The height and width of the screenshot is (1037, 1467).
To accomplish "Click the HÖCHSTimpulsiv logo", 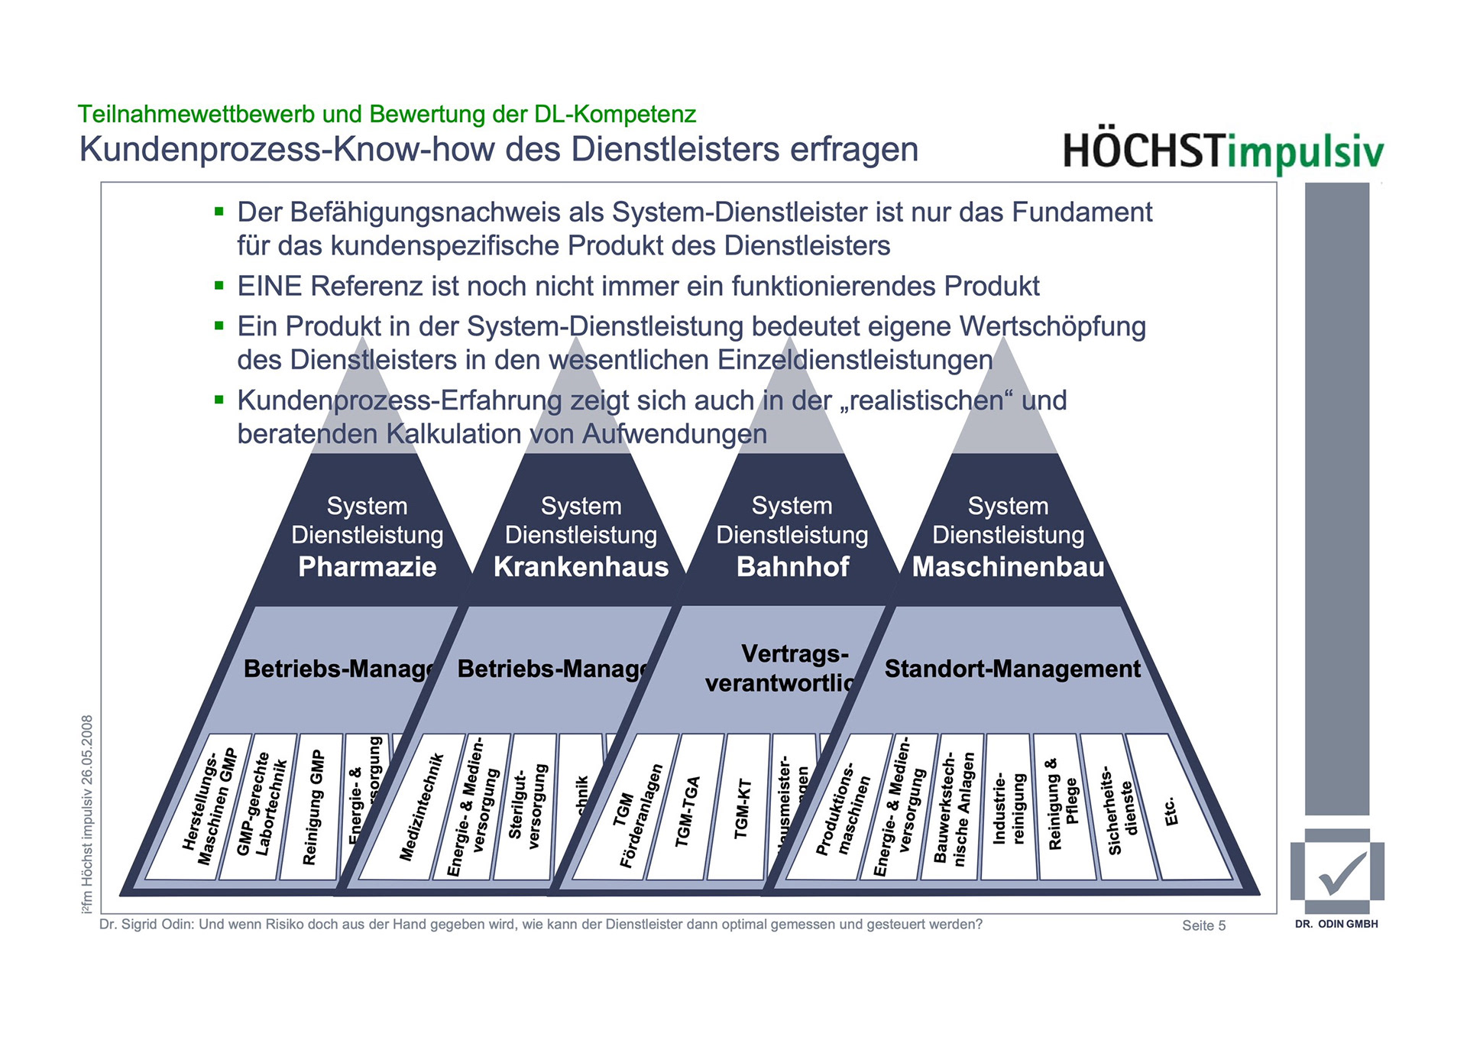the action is pyautogui.click(x=1222, y=151).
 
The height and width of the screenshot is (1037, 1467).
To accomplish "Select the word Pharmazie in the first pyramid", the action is pyautogui.click(x=367, y=567).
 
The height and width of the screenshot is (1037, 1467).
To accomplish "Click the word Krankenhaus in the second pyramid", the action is pyautogui.click(x=581, y=567).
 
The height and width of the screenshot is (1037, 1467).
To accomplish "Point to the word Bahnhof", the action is pyautogui.click(x=792, y=567).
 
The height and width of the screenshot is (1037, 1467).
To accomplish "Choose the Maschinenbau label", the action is pyautogui.click(x=1008, y=567).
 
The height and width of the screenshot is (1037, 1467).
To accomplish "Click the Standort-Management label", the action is pyautogui.click(x=1012, y=669).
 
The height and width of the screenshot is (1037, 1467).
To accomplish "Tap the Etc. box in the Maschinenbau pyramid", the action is pyautogui.click(x=1173, y=810).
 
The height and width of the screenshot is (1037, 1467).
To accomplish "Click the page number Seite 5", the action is pyautogui.click(x=1203, y=925).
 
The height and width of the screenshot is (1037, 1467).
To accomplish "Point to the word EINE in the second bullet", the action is pyautogui.click(x=270, y=286).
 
